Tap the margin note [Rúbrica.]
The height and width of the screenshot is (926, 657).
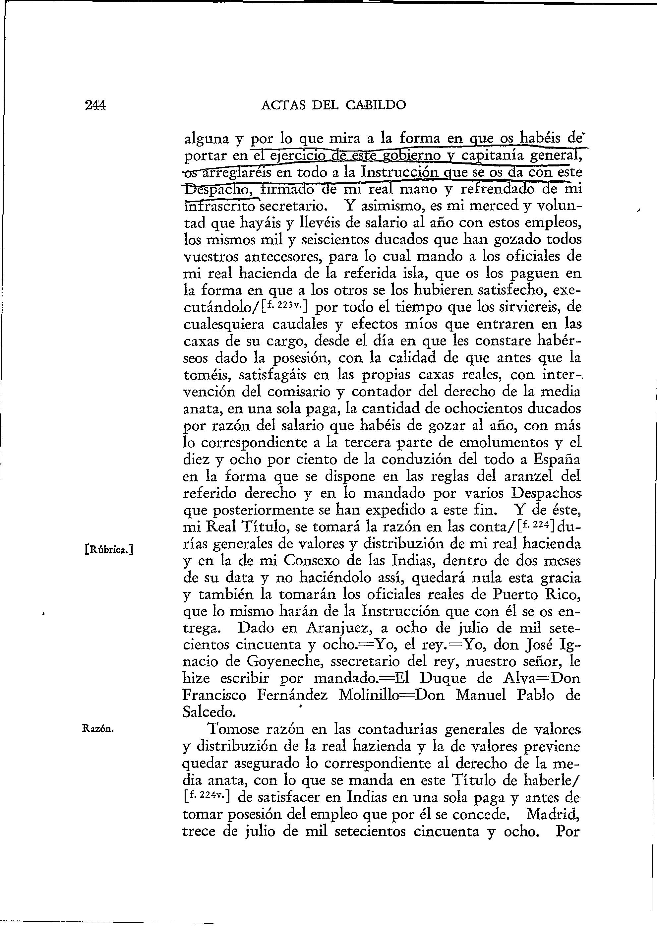pos(110,549)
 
